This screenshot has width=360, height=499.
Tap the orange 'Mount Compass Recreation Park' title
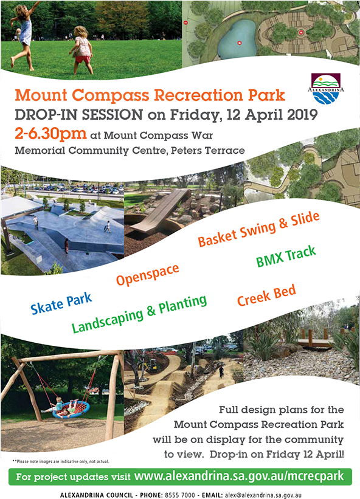[x=150, y=95]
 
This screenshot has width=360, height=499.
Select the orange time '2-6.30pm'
[x=50, y=134]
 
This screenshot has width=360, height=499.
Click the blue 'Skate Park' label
[x=61, y=303]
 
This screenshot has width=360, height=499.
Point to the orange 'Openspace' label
[x=147, y=274]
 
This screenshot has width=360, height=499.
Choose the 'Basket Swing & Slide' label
[x=258, y=229]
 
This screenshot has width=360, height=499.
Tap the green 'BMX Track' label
[x=286, y=256]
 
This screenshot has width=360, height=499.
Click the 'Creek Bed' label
[x=266, y=295]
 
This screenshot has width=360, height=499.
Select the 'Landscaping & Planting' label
[x=139, y=314]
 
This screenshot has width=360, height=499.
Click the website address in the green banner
[x=239, y=477]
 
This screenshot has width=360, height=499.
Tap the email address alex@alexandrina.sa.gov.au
[x=263, y=495]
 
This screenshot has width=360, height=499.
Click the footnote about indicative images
[x=61, y=461]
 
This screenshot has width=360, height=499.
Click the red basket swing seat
[x=71, y=410]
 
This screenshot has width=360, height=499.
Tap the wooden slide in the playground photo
[x=160, y=211]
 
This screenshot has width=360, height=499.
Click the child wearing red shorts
[x=81, y=50]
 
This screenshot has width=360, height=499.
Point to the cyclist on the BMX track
[x=221, y=371]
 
